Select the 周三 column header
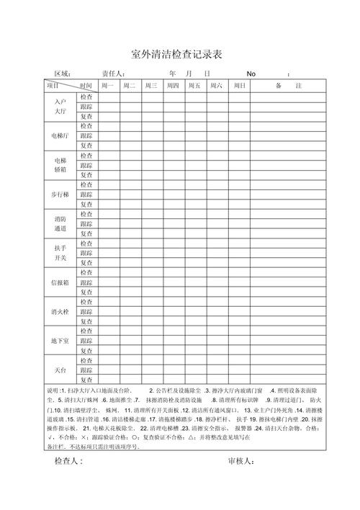[150, 86]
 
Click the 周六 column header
[215, 86]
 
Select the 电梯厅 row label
[60, 135]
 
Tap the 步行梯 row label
[60, 194]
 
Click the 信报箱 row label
[60, 282]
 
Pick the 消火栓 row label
[60, 311]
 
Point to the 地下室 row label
[60, 341]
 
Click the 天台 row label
[60, 370]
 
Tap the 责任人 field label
[113, 73]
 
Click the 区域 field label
[63, 73]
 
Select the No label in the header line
[251, 73]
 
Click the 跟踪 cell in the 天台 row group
[86, 370]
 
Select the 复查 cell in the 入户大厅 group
[86, 116]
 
